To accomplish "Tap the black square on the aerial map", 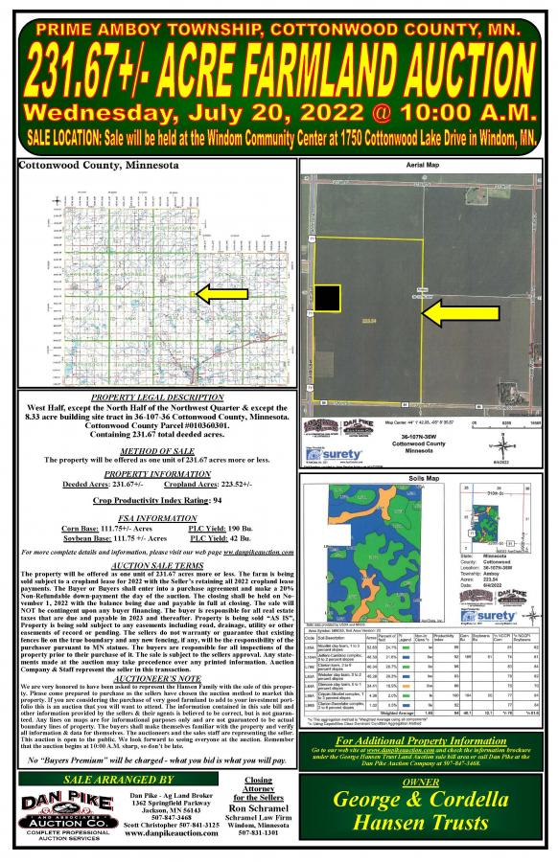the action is pos(327,299).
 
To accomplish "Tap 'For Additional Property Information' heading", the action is pos(427,739).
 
